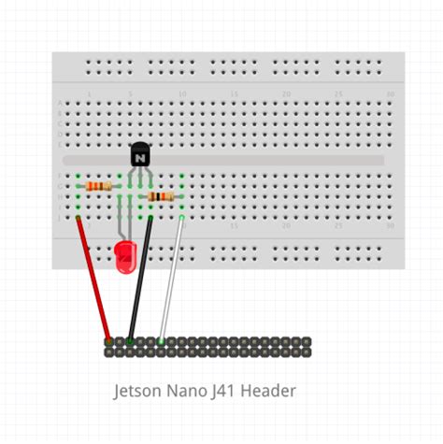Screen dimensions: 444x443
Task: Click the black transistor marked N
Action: coord(140,155)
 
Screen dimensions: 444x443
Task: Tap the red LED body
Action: coord(124,256)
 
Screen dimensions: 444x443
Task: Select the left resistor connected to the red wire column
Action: coord(98,187)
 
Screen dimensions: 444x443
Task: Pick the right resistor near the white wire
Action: coord(161,197)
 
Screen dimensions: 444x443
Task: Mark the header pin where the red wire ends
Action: coord(109,342)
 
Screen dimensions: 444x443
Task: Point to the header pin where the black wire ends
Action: coord(130,342)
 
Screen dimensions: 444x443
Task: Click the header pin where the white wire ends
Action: coord(162,342)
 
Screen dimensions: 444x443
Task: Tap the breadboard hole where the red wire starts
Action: coord(78,218)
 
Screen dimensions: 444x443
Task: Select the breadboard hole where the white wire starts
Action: coord(182,218)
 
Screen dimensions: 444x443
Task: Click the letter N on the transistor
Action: coord(140,159)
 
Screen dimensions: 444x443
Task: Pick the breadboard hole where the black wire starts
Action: coord(150,218)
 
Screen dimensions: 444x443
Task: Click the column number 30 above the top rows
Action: coord(390,94)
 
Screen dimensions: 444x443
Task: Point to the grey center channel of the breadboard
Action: coord(280,161)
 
